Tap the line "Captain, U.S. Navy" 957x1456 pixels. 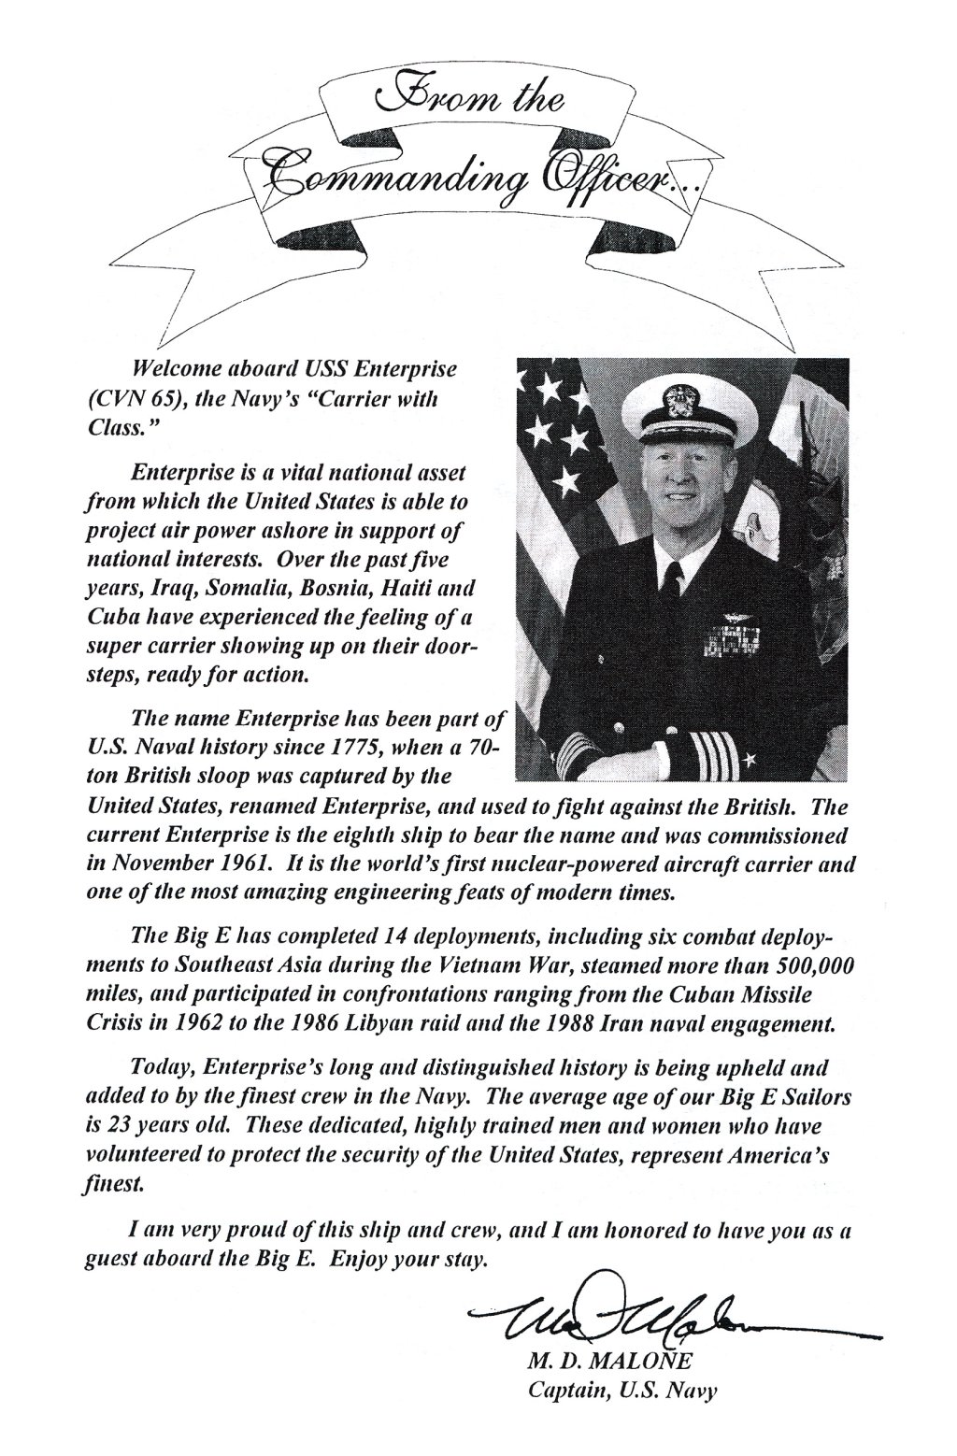tap(621, 1392)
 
